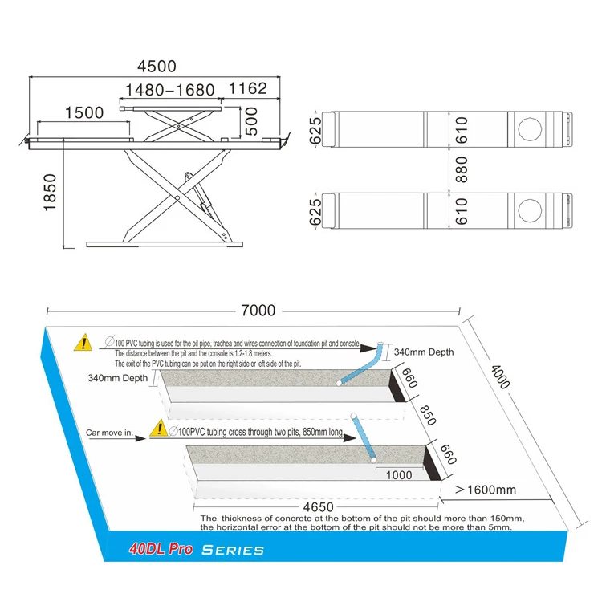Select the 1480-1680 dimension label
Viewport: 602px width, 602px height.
point(171,90)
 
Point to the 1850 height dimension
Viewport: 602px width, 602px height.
point(51,193)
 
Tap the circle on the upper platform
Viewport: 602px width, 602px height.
point(529,128)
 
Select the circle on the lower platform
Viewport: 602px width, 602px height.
point(529,211)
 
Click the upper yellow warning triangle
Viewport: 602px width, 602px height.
point(83,344)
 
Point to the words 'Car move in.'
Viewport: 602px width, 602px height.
point(110,433)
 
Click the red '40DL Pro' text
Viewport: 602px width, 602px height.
point(163,551)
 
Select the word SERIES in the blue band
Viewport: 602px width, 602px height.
point(233,551)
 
